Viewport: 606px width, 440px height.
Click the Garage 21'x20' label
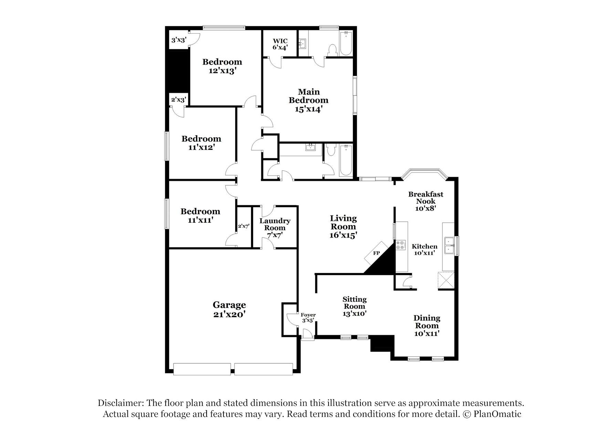tap(229, 309)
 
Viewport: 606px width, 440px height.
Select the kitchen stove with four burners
tap(400, 245)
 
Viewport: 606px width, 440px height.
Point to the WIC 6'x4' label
tap(280, 44)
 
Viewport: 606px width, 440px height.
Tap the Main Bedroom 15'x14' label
tap(309, 100)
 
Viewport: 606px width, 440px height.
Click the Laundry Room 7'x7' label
tap(275, 228)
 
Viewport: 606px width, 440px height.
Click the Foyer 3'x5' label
tap(308, 318)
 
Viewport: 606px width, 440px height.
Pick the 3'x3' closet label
tap(179, 40)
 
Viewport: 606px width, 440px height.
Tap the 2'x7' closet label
tap(244, 227)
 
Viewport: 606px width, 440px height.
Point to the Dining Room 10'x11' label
tap(427, 325)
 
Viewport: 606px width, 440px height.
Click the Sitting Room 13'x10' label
tap(354, 306)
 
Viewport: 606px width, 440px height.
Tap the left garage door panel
tap(202, 369)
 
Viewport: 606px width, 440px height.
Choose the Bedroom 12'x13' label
tap(222, 66)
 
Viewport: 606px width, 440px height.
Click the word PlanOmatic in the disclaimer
tap(497, 414)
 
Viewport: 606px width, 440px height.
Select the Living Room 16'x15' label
tap(343, 227)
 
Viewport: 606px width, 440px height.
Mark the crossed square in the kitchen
tap(446, 280)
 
